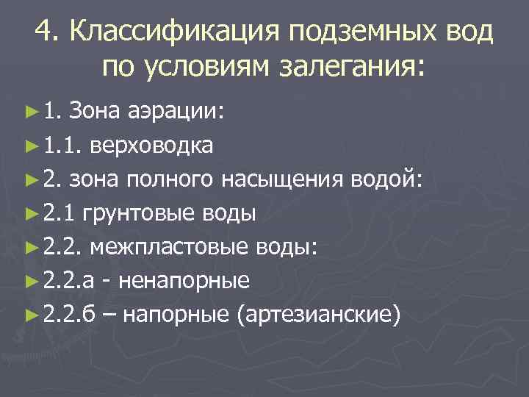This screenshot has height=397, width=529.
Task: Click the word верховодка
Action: click(x=152, y=146)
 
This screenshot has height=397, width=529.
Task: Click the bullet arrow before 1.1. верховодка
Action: click(x=30, y=146)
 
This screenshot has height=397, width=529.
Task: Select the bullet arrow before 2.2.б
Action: click(x=30, y=315)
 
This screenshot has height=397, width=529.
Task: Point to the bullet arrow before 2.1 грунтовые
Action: click(x=30, y=214)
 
